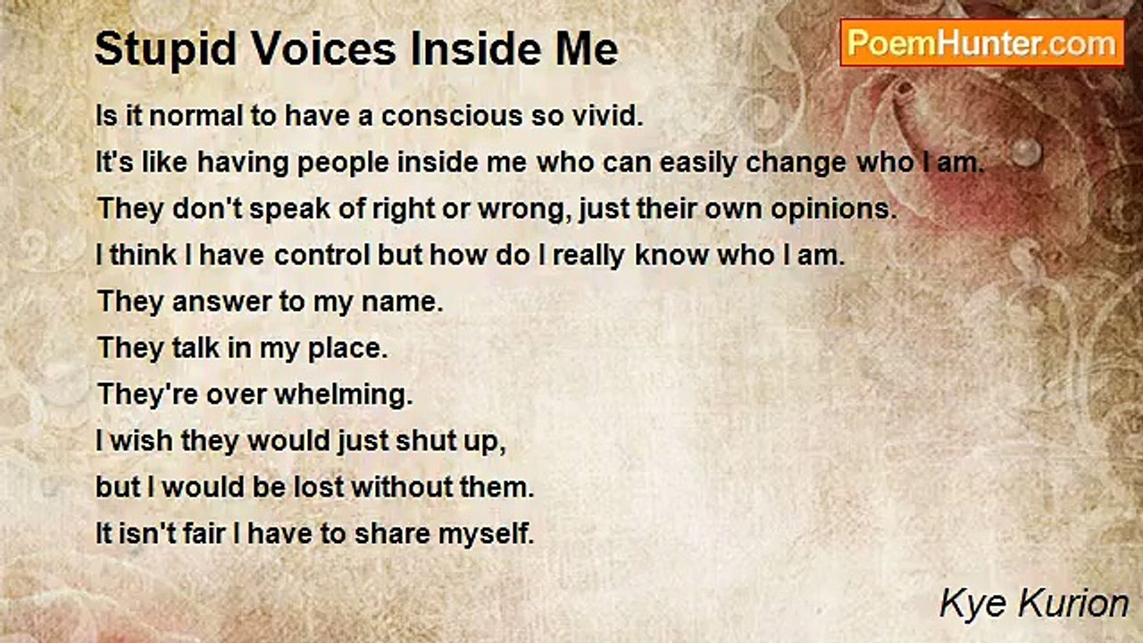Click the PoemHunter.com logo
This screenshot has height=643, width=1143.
[x=981, y=42]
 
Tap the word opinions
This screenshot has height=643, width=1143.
[x=830, y=209]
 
